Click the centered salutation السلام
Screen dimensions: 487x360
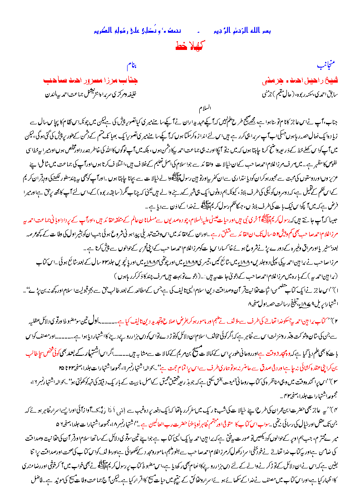[207, 109]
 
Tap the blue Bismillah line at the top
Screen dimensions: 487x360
[180, 31]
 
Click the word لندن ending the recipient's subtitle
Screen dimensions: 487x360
[49, 95]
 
